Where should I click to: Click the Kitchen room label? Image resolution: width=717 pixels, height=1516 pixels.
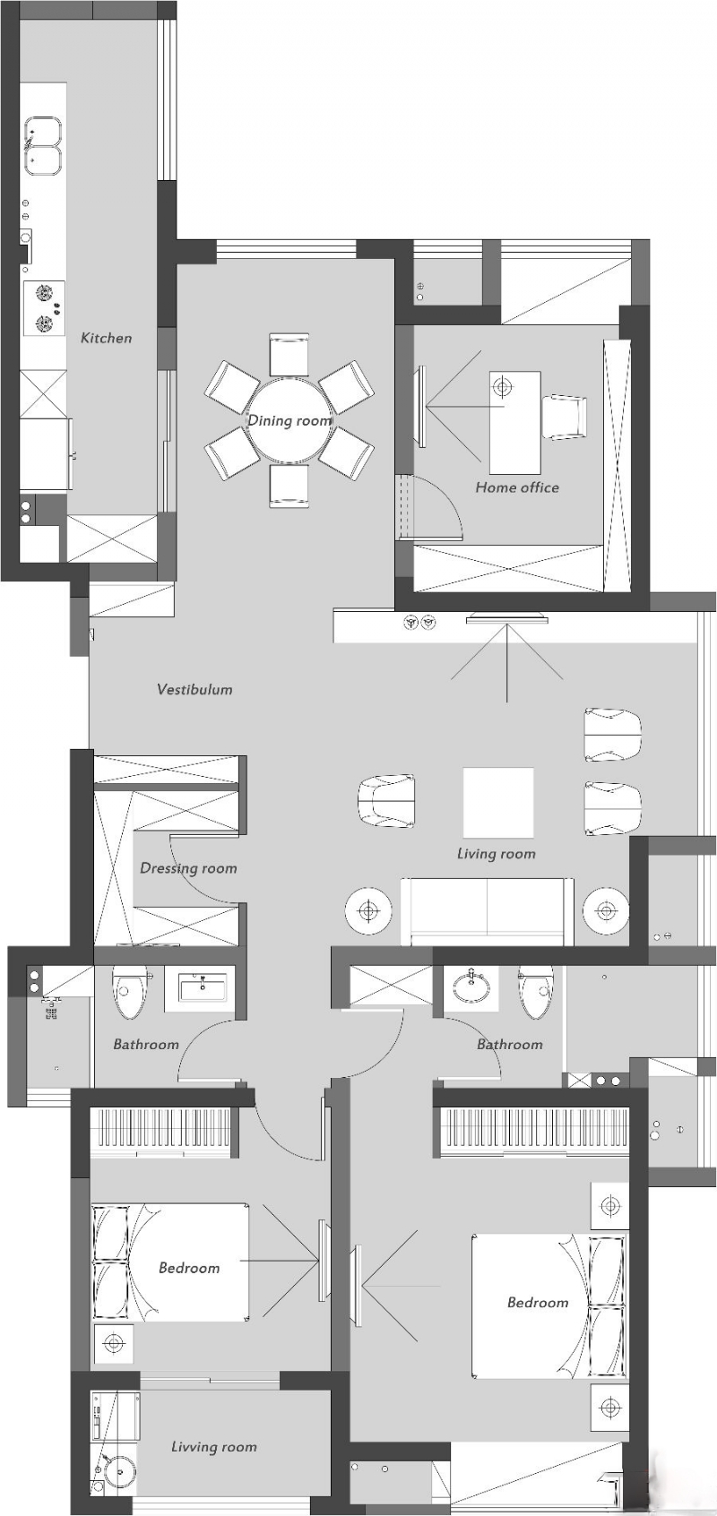point(107,338)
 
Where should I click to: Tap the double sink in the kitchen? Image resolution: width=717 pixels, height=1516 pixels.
point(44,148)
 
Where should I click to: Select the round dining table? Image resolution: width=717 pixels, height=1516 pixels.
point(289,419)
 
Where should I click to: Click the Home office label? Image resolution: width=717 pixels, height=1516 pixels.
point(517,487)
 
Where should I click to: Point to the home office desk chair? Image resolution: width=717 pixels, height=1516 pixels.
point(564,417)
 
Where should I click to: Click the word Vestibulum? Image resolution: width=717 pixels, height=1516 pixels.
point(195,690)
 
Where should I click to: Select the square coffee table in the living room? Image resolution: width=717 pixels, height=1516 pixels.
point(498,802)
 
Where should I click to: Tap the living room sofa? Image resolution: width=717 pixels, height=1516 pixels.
point(487,911)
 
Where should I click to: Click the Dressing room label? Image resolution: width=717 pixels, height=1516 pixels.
point(188,868)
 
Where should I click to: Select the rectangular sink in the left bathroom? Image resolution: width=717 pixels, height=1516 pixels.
point(203,989)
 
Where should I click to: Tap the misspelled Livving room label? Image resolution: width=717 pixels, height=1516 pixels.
point(214,1442)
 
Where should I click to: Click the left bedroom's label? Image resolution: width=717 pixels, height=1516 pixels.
point(189,1268)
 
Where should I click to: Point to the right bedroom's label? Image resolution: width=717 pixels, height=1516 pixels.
point(538,1302)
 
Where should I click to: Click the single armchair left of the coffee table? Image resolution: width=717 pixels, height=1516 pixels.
point(386,801)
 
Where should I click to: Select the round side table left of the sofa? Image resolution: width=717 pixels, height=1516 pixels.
point(368,911)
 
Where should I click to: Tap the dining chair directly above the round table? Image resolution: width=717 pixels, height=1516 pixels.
point(289,354)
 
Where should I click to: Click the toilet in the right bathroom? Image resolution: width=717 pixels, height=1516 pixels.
point(536,993)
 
